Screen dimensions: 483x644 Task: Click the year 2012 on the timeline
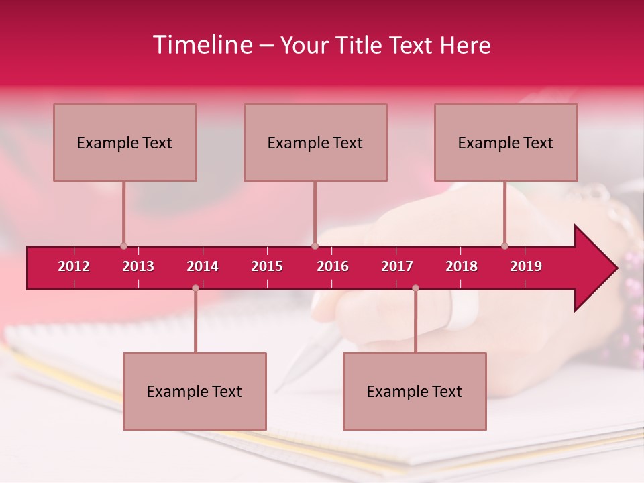coord(74,266)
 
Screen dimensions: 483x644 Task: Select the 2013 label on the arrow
coord(138,266)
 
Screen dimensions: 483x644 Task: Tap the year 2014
coord(203,266)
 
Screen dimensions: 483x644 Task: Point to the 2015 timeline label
coord(267,266)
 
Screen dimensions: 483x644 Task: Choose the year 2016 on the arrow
coord(333,266)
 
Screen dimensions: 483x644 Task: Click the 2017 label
coord(397,266)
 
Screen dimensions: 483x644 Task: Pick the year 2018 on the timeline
coord(462,266)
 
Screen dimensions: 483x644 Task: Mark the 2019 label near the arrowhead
coord(526,266)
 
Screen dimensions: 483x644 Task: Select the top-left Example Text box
coord(125,142)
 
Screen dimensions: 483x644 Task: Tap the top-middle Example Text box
coord(315,142)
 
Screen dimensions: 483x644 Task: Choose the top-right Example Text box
coord(506,142)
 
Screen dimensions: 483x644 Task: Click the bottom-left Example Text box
coord(195,391)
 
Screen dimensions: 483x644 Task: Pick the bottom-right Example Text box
coord(415,391)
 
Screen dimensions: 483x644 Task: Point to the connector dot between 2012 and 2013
coord(124,246)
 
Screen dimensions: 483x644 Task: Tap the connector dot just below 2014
coord(195,288)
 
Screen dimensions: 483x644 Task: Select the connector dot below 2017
coord(415,288)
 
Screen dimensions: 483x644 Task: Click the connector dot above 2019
coord(505,246)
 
